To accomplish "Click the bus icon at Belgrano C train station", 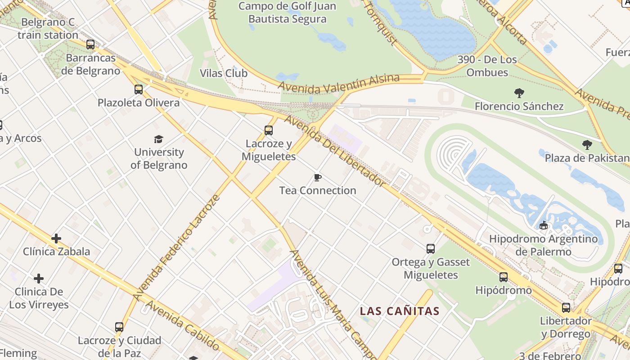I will tap(90, 44).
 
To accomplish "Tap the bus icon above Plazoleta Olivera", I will tap(139, 89).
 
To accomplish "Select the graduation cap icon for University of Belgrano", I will tap(158, 139).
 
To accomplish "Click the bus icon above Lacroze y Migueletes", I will tap(269, 130).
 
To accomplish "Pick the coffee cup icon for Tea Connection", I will tap(318, 177).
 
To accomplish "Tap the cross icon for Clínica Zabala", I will tap(56, 238).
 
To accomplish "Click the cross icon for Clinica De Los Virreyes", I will tap(39, 279).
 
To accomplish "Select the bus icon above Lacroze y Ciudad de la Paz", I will tap(119, 327).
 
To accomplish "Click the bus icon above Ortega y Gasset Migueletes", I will tap(431, 248).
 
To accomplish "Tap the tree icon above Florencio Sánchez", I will tap(519, 93).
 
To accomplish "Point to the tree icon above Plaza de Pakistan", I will tap(587, 144).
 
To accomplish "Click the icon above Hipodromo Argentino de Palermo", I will tap(544, 225).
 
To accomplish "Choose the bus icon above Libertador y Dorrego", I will tap(566, 308).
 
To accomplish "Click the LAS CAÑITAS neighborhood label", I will tap(400, 311).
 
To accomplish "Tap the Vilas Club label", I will tap(224, 73).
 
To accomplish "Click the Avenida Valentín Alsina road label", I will tap(338, 83).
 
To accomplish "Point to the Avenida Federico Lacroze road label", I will tap(177, 247).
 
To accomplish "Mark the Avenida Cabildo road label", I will tap(182, 326).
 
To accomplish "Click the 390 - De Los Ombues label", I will tap(487, 66).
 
